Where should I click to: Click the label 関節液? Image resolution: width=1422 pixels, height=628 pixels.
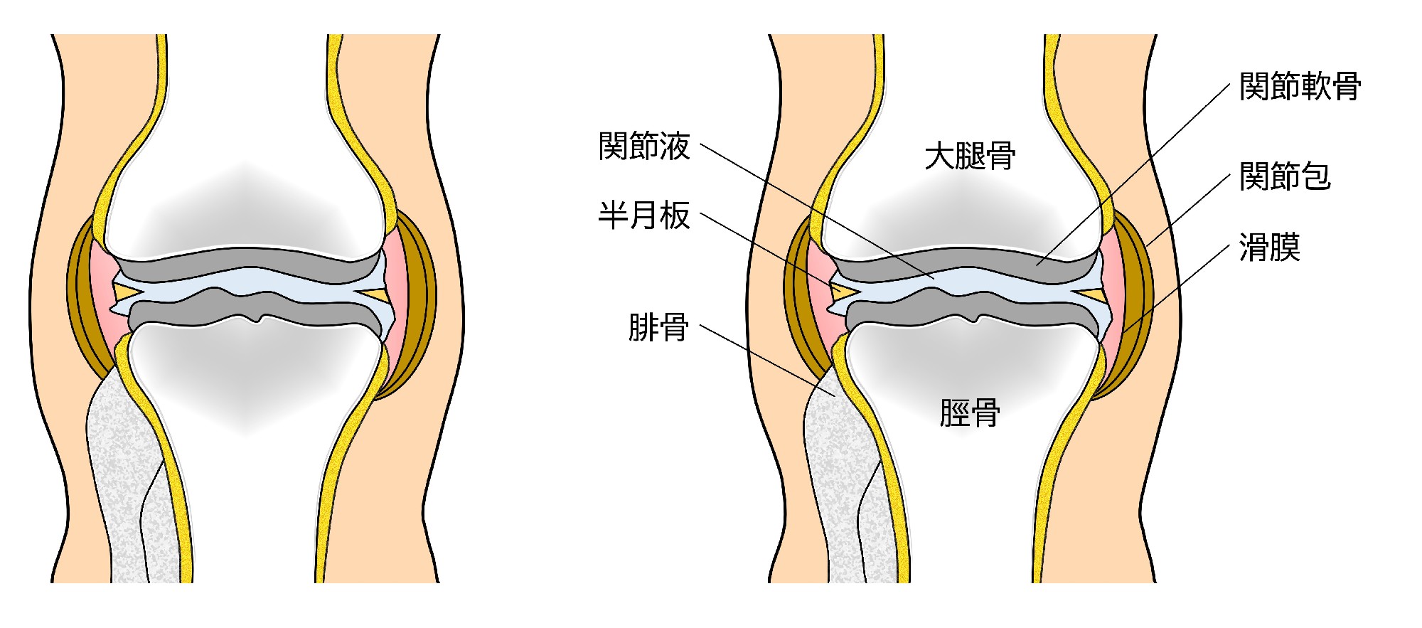click(x=644, y=147)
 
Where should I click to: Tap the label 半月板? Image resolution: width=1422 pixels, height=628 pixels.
click(x=644, y=215)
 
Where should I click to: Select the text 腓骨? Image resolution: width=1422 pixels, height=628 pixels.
click(x=658, y=327)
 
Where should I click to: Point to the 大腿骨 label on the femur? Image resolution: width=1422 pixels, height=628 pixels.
click(x=970, y=156)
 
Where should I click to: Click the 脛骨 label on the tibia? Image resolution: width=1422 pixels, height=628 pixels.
click(x=970, y=413)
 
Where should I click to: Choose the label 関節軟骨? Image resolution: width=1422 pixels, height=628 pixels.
click(x=1300, y=87)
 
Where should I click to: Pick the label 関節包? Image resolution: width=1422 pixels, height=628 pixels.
click(x=1284, y=176)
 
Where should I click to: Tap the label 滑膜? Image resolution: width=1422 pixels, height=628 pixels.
click(x=1269, y=248)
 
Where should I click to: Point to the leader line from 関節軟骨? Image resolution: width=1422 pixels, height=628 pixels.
click(x=1138, y=171)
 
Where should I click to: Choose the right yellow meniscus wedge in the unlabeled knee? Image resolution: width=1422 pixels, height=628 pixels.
click(x=374, y=293)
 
